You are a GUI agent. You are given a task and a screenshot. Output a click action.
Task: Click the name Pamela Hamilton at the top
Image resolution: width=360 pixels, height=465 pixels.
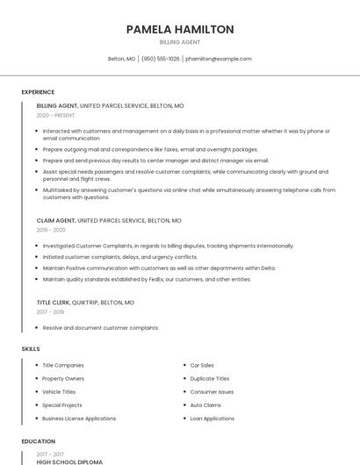(x=180, y=29)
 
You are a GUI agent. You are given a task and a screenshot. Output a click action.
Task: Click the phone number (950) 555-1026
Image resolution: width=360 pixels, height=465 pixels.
(x=160, y=59)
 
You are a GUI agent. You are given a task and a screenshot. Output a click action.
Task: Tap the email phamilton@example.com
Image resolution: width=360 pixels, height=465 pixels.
(x=219, y=59)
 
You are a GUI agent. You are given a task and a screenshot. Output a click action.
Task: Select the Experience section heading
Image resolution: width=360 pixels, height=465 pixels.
(x=38, y=92)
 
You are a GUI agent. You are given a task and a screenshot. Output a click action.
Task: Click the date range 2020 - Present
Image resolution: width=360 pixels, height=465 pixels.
(x=55, y=115)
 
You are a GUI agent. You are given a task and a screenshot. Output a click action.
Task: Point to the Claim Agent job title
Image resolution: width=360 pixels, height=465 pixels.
(x=56, y=220)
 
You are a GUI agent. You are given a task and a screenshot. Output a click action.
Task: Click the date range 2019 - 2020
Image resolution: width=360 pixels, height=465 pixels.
(x=51, y=230)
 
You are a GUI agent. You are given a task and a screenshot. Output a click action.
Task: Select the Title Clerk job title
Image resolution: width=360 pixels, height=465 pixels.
(x=55, y=302)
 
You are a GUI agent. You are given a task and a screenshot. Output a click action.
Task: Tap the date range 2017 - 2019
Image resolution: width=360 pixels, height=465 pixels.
(x=50, y=311)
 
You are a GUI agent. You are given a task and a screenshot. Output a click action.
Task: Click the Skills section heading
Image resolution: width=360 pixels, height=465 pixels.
(x=31, y=349)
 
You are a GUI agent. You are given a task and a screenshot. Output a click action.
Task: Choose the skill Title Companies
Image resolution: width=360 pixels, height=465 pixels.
(x=63, y=365)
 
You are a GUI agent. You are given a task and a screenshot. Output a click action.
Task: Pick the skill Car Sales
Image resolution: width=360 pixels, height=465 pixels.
(x=202, y=365)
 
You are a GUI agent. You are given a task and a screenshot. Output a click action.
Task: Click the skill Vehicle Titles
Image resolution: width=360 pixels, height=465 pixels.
(x=59, y=391)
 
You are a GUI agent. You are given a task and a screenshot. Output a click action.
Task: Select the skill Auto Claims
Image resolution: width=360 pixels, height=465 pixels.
(x=205, y=405)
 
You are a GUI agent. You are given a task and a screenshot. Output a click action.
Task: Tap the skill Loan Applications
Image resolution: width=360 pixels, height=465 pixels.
(x=212, y=418)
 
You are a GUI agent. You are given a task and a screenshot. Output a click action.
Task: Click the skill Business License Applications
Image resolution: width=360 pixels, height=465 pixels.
(x=79, y=418)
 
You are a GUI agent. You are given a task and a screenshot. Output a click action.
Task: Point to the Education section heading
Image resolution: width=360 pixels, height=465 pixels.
(x=39, y=441)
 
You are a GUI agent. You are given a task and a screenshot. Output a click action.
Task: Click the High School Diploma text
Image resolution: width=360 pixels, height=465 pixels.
(x=69, y=461)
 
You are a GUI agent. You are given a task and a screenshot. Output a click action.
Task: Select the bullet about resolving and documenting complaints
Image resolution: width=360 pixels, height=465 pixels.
(x=101, y=327)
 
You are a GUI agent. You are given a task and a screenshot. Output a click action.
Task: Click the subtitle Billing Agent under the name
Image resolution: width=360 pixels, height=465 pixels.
(x=180, y=42)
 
